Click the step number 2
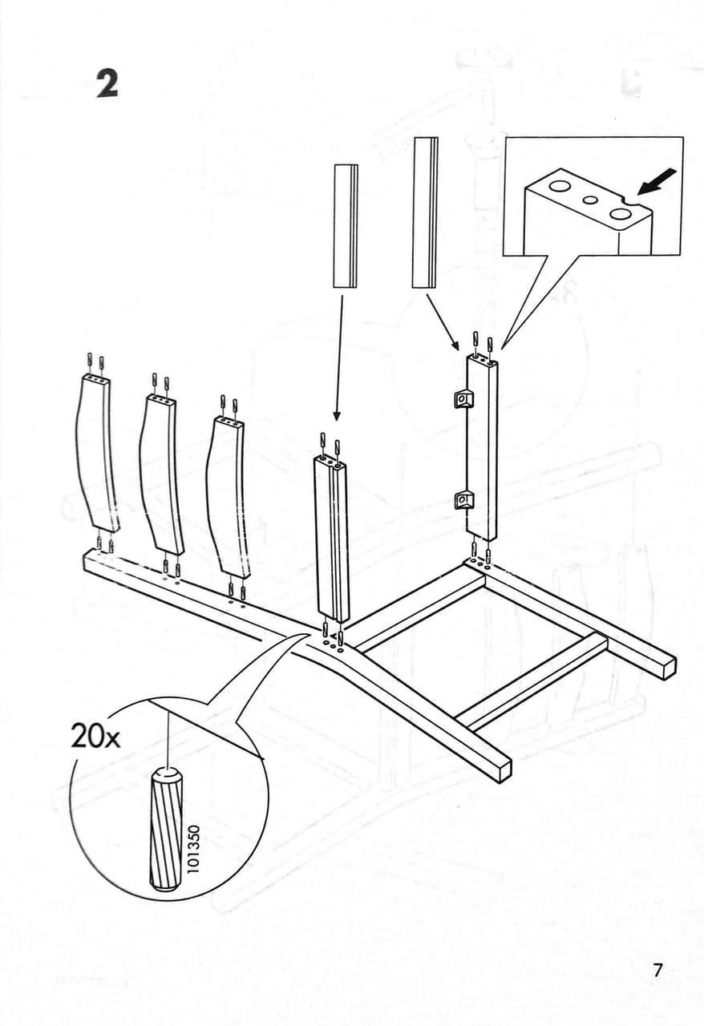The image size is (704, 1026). point(107,83)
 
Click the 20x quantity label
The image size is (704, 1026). point(95,737)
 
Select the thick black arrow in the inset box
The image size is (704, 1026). point(657,181)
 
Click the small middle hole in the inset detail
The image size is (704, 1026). point(590,200)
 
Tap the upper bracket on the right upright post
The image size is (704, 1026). point(462,398)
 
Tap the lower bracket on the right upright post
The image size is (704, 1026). point(462,499)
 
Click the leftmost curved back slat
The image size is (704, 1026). point(95,452)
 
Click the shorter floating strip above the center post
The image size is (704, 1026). point(346,226)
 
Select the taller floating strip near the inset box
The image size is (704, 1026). point(425,212)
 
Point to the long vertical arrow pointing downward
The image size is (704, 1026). point(339,357)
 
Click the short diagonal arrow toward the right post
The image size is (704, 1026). point(443,321)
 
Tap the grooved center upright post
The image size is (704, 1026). point(332,538)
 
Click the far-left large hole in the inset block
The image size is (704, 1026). point(558,185)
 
